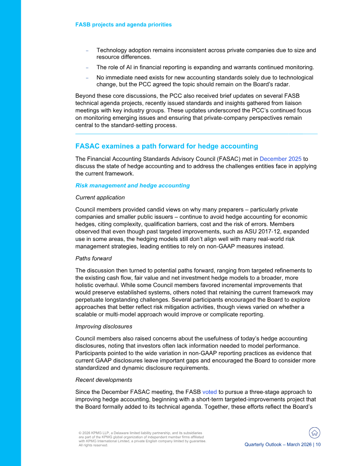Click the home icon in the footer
click(x=315, y=433)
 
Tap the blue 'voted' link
click(x=209, y=392)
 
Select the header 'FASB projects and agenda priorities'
click(x=123, y=24)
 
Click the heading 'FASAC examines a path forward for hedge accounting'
click(x=166, y=146)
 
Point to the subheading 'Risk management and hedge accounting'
click(x=132, y=185)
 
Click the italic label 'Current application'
click(x=100, y=197)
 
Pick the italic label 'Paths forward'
click(x=94, y=258)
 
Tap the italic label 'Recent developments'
click(x=103, y=380)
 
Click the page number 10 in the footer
click(x=318, y=444)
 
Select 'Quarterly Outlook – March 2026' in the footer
click(x=278, y=444)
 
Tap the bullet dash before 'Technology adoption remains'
click(x=87, y=51)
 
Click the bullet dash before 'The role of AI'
click(x=87, y=68)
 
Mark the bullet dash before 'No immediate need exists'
click(x=87, y=78)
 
